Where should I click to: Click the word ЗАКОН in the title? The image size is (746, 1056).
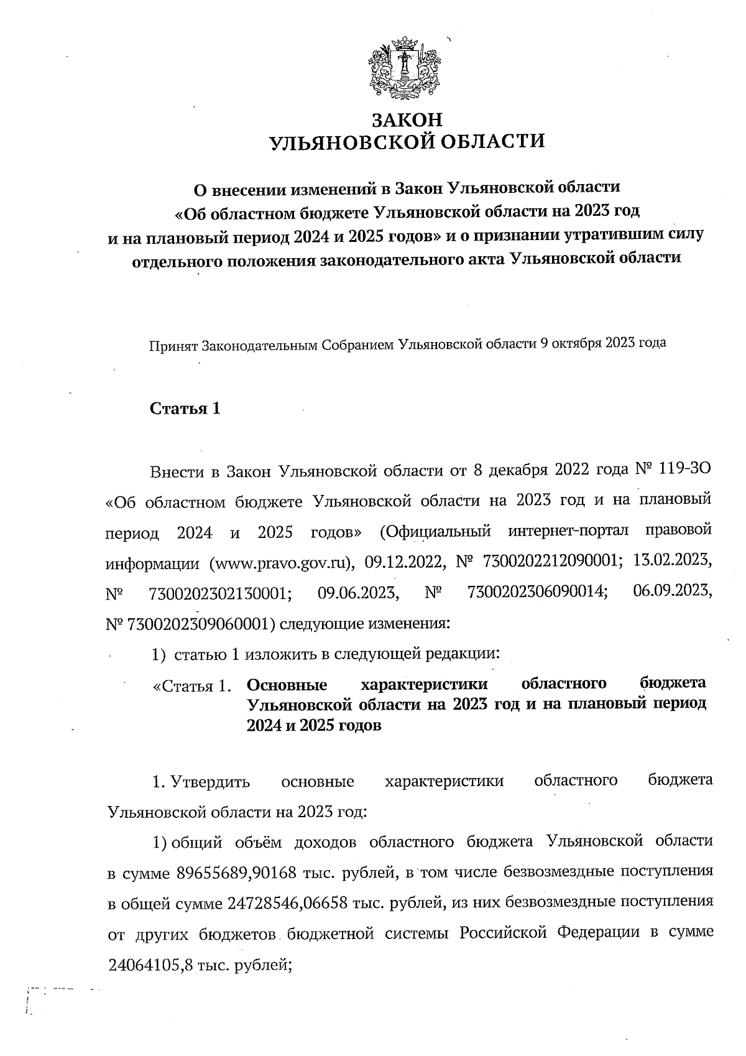tap(407, 118)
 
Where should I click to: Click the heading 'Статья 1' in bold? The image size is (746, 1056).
tap(185, 409)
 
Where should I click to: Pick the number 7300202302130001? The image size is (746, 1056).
tap(221, 593)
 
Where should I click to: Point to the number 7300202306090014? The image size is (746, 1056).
tap(536, 593)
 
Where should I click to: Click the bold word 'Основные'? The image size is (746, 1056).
tap(287, 685)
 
